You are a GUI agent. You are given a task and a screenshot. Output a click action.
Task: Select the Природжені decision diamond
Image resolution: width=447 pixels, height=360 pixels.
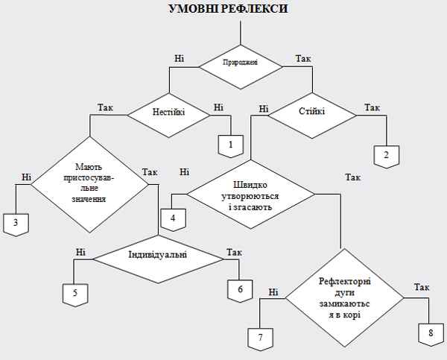241,63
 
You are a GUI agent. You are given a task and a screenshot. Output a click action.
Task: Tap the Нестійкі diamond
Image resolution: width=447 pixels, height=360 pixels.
169,114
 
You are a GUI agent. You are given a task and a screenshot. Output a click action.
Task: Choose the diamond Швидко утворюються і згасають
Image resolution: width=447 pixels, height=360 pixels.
250,196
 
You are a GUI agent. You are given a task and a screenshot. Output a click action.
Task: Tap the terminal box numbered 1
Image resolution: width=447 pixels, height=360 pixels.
231,144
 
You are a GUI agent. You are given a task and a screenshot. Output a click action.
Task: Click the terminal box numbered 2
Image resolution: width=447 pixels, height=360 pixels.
386,155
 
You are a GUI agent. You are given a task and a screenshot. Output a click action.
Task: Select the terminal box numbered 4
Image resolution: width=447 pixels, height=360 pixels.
174,218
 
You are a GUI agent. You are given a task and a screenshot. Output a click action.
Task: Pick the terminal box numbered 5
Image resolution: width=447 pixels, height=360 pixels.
74,294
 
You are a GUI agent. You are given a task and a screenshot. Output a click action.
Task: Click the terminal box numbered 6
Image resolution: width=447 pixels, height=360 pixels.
240,290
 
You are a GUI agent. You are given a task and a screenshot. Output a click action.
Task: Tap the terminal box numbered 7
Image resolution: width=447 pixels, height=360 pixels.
260,338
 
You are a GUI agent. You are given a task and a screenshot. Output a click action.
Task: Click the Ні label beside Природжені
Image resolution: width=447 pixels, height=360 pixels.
179,58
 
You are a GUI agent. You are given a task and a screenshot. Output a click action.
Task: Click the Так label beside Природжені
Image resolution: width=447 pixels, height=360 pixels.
303,58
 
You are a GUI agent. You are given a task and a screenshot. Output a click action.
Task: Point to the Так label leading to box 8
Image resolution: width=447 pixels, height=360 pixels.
422,287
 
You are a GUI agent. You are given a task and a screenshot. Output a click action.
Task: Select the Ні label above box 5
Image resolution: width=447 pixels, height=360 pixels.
80,252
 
